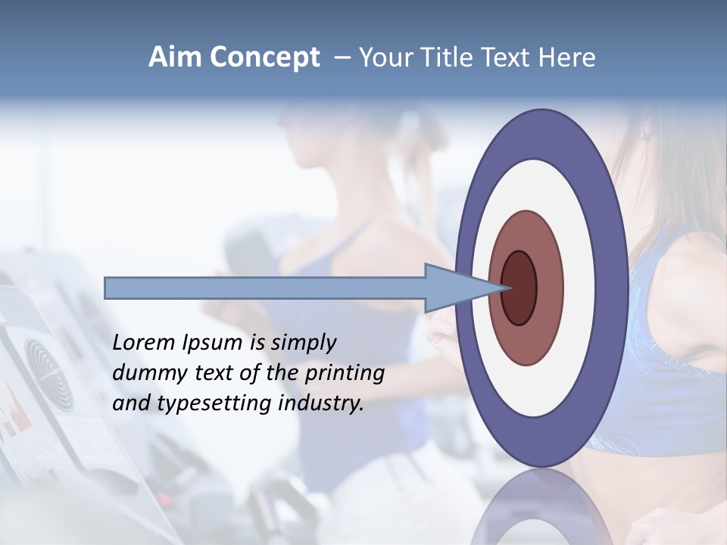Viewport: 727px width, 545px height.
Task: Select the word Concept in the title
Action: tap(264, 58)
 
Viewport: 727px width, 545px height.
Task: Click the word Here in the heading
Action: tap(567, 57)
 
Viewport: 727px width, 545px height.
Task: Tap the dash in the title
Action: tap(342, 57)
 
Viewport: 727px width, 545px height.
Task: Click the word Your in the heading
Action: tap(383, 57)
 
